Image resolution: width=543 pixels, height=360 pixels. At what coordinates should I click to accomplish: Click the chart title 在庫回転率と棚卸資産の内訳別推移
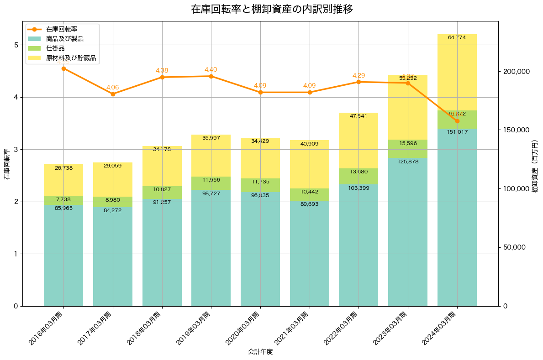point(272,9)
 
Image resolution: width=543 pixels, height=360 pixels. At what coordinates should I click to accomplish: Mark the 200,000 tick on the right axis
point(517,72)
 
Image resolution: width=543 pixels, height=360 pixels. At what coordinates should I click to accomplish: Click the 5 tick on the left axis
point(16,45)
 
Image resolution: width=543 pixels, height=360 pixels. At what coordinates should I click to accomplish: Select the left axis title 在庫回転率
point(7,164)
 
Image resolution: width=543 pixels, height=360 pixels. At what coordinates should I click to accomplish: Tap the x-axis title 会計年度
point(260,352)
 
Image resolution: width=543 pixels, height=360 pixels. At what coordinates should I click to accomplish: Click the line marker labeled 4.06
point(113,94)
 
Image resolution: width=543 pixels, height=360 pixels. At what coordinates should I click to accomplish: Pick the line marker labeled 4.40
point(211,76)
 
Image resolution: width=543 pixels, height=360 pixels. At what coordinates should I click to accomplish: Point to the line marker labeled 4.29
point(358,82)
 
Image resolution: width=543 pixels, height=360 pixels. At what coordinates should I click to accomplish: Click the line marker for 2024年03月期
point(457,121)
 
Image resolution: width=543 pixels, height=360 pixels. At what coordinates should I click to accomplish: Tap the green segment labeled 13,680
point(358,176)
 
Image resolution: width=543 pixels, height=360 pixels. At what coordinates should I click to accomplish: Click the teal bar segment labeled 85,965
point(63,256)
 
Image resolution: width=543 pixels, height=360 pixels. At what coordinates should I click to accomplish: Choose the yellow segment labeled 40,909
point(310,164)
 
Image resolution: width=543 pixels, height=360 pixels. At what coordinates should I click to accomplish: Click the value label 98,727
point(211,194)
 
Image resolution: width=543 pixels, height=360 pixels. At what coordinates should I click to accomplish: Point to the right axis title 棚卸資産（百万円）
point(535,164)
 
